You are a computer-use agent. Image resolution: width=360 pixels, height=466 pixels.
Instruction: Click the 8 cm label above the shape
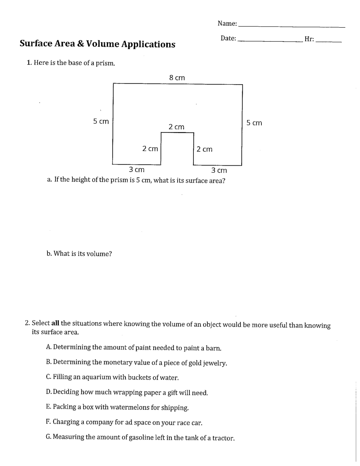(x=177, y=78)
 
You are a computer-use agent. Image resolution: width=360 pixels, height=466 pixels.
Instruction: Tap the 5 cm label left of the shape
(x=101, y=121)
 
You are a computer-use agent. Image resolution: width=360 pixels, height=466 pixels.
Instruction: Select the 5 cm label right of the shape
(x=254, y=123)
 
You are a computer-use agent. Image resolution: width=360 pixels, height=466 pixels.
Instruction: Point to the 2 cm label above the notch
(x=176, y=127)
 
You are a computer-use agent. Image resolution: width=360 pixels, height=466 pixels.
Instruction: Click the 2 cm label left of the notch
(x=150, y=149)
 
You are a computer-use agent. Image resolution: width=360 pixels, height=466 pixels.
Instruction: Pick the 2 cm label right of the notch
(x=204, y=149)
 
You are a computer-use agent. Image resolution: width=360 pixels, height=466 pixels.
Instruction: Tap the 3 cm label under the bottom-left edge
(x=136, y=170)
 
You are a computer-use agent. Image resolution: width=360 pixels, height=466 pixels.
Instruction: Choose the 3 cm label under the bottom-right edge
(x=219, y=170)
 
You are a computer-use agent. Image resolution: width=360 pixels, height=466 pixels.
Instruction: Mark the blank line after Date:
(x=270, y=41)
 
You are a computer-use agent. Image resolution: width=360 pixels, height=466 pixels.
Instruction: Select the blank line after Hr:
(x=329, y=41)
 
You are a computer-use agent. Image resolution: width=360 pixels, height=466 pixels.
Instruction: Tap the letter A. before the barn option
(x=49, y=347)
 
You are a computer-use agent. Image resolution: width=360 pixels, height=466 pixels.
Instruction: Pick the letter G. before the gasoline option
(x=49, y=437)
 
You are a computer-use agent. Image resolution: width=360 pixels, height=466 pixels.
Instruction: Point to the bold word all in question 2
(x=55, y=323)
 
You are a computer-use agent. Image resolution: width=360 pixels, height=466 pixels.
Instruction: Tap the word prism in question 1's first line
(x=106, y=63)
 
